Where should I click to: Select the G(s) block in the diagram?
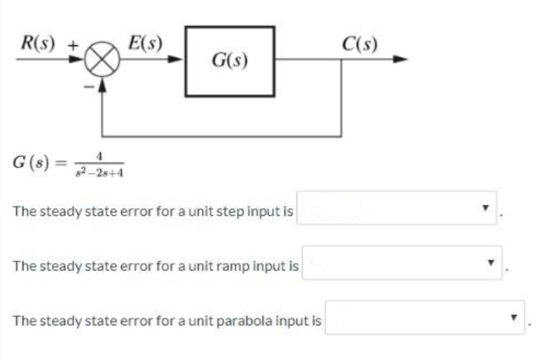point(230,62)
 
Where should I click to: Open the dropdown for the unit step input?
point(397,209)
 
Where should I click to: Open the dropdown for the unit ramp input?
point(402,263)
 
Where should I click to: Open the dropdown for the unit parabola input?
point(425,317)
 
